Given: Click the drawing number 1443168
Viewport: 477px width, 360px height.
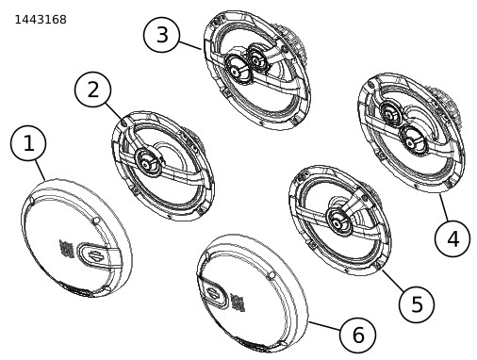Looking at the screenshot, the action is pyautogui.click(x=41, y=20).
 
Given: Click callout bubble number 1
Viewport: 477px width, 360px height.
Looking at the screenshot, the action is pyautogui.click(x=28, y=143).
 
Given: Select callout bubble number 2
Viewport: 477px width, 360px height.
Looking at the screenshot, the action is pyautogui.click(x=92, y=90).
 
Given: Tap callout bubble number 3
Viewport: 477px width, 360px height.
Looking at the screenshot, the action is pyautogui.click(x=161, y=35).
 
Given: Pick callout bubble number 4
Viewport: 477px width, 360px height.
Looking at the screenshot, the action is pyautogui.click(x=452, y=238).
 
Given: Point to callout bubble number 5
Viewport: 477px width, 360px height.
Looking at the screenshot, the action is pyautogui.click(x=417, y=304).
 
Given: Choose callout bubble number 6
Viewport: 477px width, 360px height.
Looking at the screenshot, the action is pyautogui.click(x=357, y=335).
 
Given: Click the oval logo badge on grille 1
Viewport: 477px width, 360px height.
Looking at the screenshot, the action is pyautogui.click(x=93, y=255).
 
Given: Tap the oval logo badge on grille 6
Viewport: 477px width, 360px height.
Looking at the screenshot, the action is pyautogui.click(x=215, y=294).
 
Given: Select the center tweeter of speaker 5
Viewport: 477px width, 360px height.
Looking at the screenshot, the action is pyautogui.click(x=338, y=222).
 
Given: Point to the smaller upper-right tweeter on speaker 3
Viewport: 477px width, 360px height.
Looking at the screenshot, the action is pyautogui.click(x=257, y=57).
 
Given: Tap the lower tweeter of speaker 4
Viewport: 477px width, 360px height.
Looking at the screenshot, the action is pyautogui.click(x=412, y=140).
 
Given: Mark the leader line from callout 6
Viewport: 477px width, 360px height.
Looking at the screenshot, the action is pyautogui.click(x=324, y=326).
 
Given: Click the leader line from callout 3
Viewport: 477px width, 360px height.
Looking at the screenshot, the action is pyautogui.click(x=190, y=45).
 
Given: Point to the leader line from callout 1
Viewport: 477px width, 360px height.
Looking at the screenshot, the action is pyautogui.click(x=40, y=170).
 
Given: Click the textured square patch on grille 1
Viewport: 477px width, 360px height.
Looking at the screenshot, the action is pyautogui.click(x=66, y=249).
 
